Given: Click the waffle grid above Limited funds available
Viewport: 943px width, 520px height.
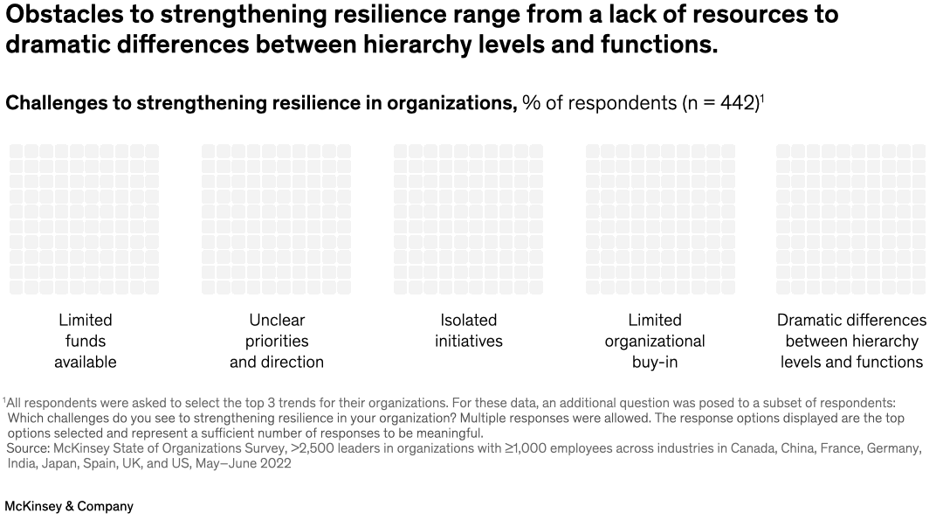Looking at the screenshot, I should pos(85,219).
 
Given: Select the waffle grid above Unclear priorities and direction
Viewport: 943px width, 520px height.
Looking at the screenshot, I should pos(276,219).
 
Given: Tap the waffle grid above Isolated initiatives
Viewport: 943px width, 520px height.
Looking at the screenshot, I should pos(468,219).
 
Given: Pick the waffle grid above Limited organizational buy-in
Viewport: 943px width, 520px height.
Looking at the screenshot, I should pos(660,219).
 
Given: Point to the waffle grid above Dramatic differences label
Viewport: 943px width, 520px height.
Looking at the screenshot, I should pos(850,219).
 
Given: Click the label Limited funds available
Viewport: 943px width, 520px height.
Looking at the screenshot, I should pos(86,341).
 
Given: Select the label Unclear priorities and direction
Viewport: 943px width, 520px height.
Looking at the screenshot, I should pos(277,341).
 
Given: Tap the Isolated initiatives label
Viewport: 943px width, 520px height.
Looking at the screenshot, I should pos(468,330).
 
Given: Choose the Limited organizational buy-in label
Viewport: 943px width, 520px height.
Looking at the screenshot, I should pos(655,341).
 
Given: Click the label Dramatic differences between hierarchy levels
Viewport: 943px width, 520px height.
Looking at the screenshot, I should pos(851,341).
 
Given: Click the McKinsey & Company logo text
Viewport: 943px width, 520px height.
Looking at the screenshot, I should pos(69,506).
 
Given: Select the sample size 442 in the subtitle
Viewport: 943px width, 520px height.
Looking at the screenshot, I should pos(739,103).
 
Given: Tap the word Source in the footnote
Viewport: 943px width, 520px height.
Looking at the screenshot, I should pos(28,448).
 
